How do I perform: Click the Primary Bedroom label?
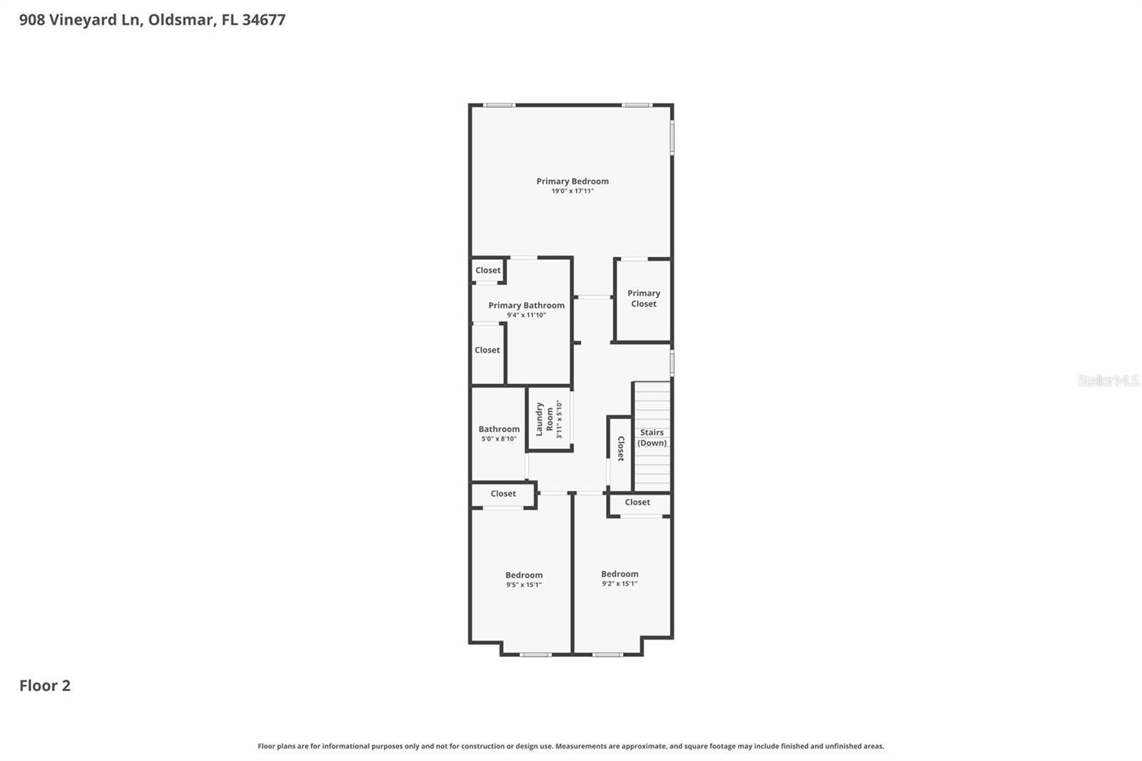point(572,181)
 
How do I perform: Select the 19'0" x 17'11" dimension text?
point(572,191)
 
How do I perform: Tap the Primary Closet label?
point(643,298)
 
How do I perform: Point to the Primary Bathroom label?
point(526,306)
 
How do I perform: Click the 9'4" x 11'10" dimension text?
point(526,315)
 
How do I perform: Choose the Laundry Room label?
point(545,419)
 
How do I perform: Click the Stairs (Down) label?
point(652,438)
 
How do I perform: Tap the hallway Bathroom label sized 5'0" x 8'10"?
point(499,429)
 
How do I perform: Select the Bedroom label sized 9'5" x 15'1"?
point(524,575)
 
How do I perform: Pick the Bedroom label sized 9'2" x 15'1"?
point(619,574)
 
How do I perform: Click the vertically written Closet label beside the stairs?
point(620,448)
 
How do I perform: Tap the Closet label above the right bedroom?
point(637,503)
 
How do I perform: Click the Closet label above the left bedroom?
point(503,494)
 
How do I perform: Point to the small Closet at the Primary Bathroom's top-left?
point(488,271)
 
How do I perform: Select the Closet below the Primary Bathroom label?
point(487,351)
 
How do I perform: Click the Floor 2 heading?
point(44,686)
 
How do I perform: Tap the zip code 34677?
point(263,20)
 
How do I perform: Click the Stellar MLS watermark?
point(1108,380)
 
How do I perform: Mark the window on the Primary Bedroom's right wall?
point(672,136)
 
